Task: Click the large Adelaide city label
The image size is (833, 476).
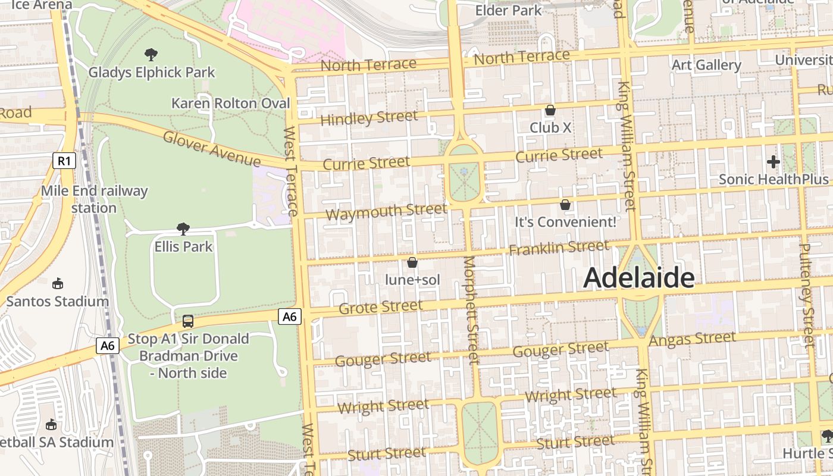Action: tap(638, 278)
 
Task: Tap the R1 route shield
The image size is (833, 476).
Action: tap(64, 161)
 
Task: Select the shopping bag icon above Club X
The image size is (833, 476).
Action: tap(550, 110)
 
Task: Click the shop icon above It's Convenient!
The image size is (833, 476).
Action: tap(565, 205)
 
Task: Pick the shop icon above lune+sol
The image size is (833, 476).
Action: tap(412, 262)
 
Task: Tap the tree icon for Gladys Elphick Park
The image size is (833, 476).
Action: tap(151, 55)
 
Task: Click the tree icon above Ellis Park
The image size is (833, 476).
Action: tap(183, 228)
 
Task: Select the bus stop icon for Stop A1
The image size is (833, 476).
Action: tap(188, 321)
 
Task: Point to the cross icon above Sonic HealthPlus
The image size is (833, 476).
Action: tap(773, 161)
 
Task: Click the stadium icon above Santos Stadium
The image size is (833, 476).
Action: tap(58, 284)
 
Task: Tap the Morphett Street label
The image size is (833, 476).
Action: tap(471, 309)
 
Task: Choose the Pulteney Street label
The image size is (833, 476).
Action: tap(806, 295)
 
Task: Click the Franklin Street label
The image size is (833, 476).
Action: tap(559, 247)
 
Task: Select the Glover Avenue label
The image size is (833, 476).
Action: tap(211, 149)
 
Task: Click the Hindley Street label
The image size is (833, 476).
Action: tap(369, 118)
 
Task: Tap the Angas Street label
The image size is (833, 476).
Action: tap(692, 339)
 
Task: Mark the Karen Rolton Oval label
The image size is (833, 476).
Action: tap(231, 103)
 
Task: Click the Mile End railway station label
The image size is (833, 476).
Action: tap(94, 199)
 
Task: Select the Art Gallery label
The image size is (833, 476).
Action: tap(706, 65)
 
